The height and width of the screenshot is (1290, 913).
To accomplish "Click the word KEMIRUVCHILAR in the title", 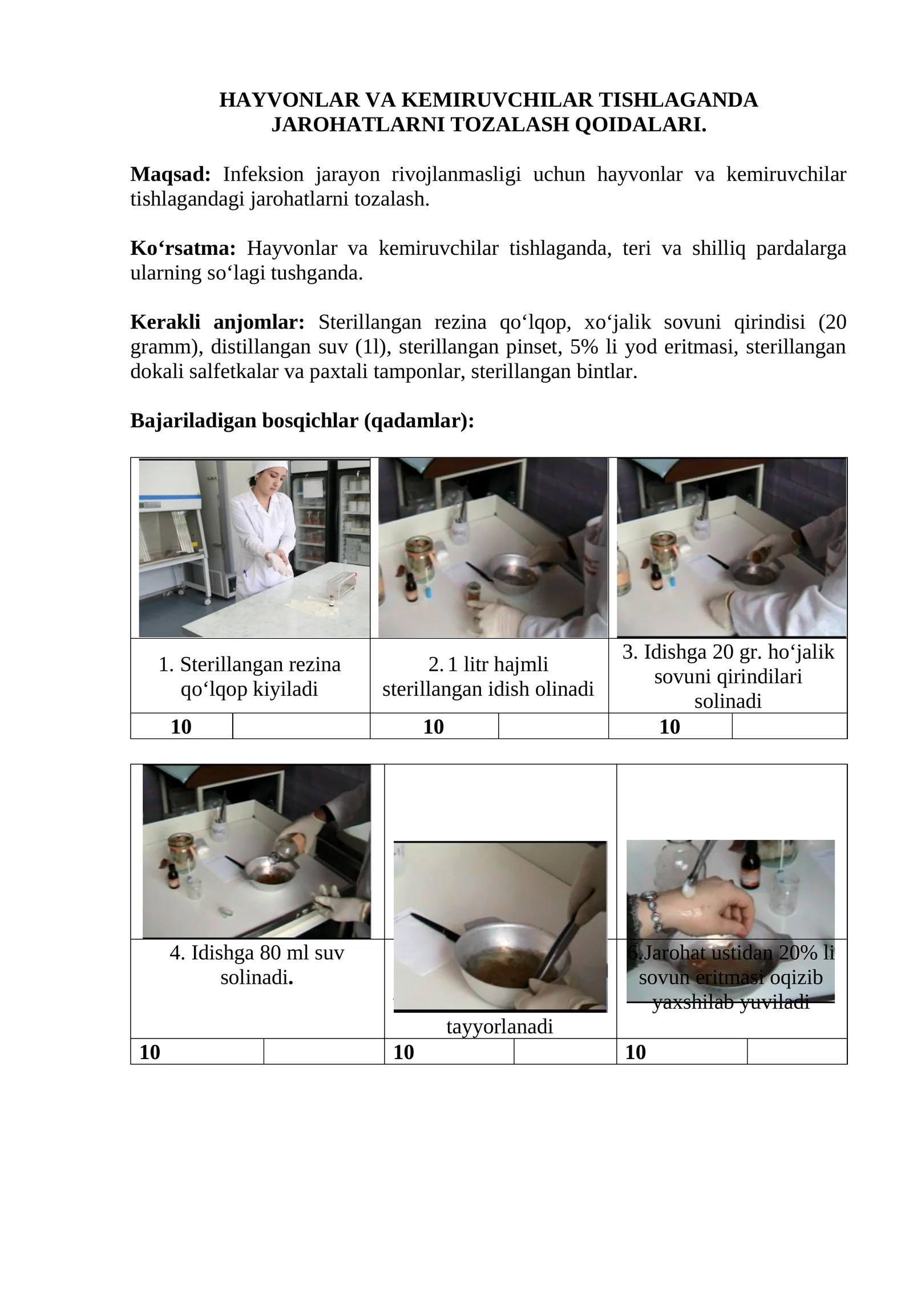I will tap(489, 100).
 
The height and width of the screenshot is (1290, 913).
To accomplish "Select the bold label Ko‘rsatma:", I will tap(183, 249).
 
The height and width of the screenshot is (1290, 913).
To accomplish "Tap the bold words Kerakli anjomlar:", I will tap(217, 323).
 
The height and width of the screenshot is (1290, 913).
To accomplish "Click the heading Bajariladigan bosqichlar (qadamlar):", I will tap(302, 421).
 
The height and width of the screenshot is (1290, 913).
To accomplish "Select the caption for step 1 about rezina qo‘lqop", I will tap(249, 676).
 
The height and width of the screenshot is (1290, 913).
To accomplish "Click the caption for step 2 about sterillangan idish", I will tap(488, 676).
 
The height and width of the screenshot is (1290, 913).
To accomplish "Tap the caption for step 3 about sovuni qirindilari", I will tap(728, 676).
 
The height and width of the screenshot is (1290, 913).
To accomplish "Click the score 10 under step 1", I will tap(181, 727).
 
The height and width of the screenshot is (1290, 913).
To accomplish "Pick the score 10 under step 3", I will tap(669, 727).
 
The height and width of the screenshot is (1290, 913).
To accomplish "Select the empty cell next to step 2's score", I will tap(552, 727).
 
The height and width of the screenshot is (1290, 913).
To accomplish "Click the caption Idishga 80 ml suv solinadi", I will tap(257, 965).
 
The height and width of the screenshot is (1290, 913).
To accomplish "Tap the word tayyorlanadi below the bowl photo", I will tap(499, 1027).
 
